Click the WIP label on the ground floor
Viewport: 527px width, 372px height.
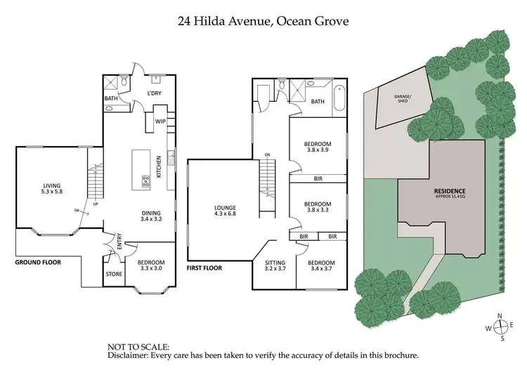[x=160, y=121]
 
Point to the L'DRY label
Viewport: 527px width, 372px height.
[x=155, y=93]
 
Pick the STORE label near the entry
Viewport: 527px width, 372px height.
[x=114, y=274]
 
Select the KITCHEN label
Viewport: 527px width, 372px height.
[x=160, y=166]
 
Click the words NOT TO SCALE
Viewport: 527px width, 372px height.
[x=138, y=347]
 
